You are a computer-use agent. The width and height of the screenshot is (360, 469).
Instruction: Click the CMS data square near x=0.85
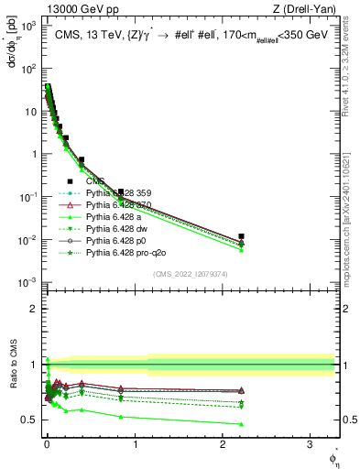coord(121,191)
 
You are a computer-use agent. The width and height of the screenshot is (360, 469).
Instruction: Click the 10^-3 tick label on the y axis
coord(27,282)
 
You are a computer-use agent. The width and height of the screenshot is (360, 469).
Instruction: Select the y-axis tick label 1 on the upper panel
coord(32,154)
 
